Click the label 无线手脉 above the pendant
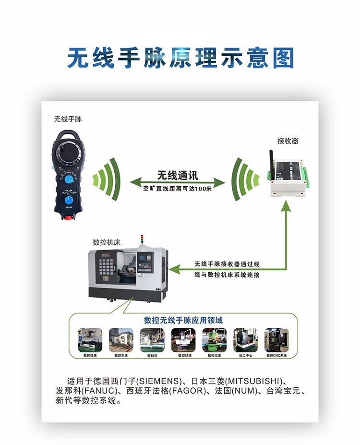(x=68, y=119)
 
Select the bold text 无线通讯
(x=178, y=175)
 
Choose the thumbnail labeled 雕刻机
(x=152, y=340)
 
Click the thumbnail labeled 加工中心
(x=245, y=340)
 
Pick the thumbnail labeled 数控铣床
(x=90, y=340)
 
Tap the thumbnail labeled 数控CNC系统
(x=276, y=340)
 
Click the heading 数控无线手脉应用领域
(x=183, y=320)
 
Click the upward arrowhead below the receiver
(x=287, y=206)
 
